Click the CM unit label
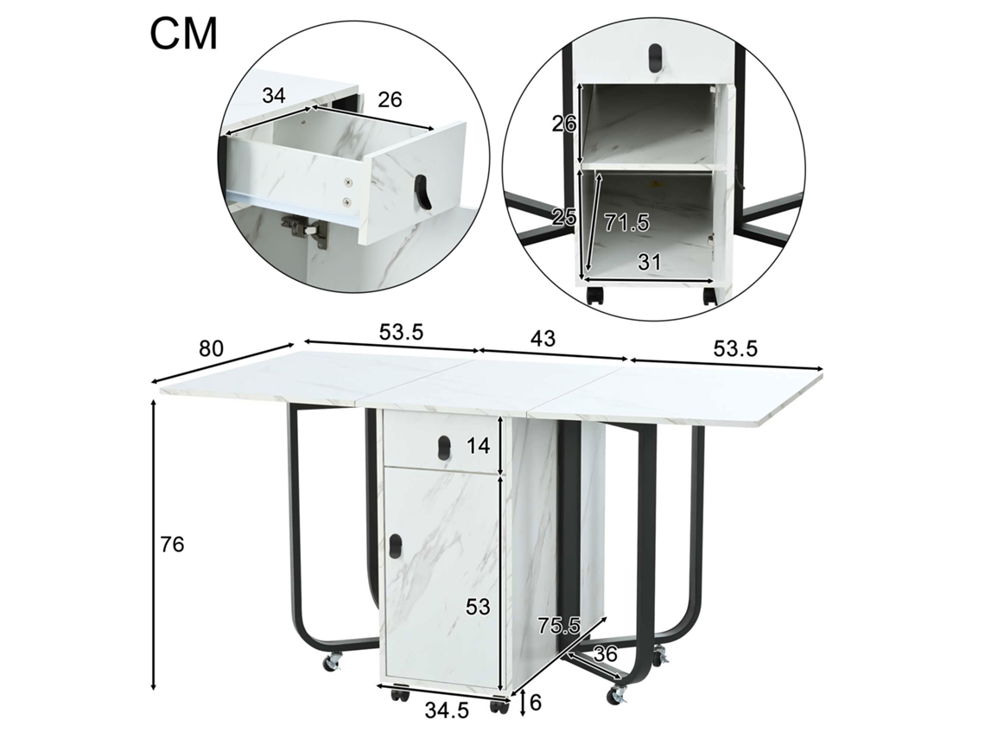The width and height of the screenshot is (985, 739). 183,34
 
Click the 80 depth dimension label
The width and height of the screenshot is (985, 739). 212,348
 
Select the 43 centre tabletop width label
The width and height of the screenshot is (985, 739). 543,339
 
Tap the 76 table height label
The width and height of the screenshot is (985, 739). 172,545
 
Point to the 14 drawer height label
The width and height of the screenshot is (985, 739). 478,446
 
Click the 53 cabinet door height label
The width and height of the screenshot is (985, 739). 478,607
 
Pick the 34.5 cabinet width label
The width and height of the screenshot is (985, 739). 447,710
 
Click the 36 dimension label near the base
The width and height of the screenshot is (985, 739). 606,653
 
